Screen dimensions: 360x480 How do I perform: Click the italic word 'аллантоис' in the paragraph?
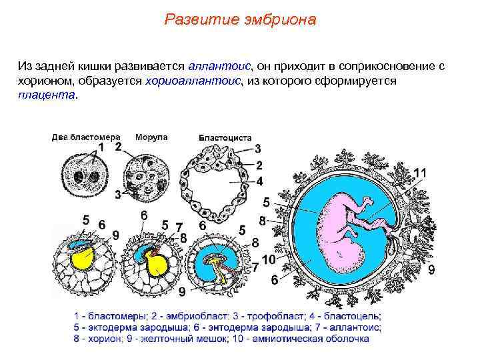[x=219, y=67]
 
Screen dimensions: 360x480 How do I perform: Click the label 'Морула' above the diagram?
[x=151, y=137]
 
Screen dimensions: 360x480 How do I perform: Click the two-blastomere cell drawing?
[x=87, y=175]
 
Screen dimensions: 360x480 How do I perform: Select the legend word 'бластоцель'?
[x=356, y=316]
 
